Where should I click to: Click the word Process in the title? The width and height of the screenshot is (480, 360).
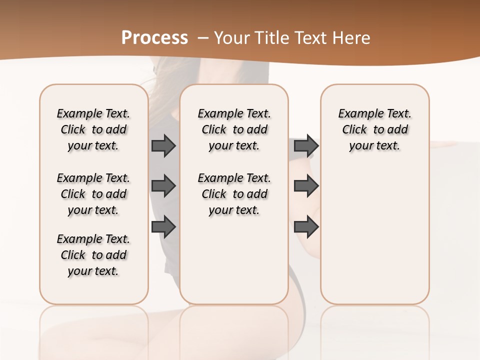(x=154, y=38)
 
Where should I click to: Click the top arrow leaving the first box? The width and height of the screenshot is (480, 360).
(x=163, y=145)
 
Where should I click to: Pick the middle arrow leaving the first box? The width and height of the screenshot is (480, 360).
(x=163, y=186)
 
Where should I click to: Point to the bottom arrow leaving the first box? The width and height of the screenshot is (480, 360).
(x=163, y=227)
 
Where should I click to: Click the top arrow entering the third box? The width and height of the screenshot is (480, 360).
(x=306, y=145)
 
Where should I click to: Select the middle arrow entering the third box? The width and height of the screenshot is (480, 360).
(x=306, y=186)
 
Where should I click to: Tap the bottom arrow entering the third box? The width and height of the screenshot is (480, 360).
(x=306, y=227)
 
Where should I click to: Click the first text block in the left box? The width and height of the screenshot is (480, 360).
(x=93, y=129)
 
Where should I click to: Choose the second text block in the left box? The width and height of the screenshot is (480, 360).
(x=93, y=194)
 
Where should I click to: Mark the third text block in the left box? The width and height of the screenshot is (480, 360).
(x=93, y=255)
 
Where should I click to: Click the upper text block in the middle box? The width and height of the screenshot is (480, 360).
(x=234, y=129)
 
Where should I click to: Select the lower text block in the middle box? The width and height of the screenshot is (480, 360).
(x=234, y=194)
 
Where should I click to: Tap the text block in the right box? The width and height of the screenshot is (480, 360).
(x=374, y=129)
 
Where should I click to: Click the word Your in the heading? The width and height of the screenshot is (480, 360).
(x=232, y=38)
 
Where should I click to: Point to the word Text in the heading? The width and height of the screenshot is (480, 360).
(x=313, y=38)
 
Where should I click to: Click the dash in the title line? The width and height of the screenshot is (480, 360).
(x=203, y=38)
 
